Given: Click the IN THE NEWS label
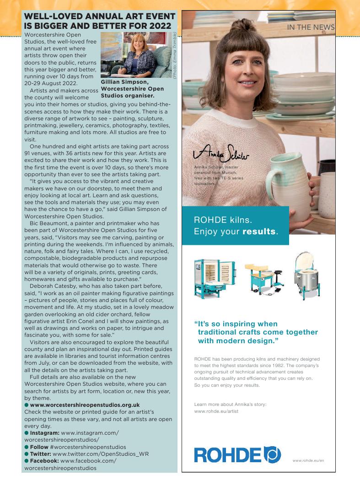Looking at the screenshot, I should [x=311, y=27].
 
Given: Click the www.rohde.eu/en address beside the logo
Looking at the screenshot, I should [x=308, y=460].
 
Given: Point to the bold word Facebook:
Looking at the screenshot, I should [x=44, y=461].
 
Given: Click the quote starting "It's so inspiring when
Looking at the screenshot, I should [x=256, y=332].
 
